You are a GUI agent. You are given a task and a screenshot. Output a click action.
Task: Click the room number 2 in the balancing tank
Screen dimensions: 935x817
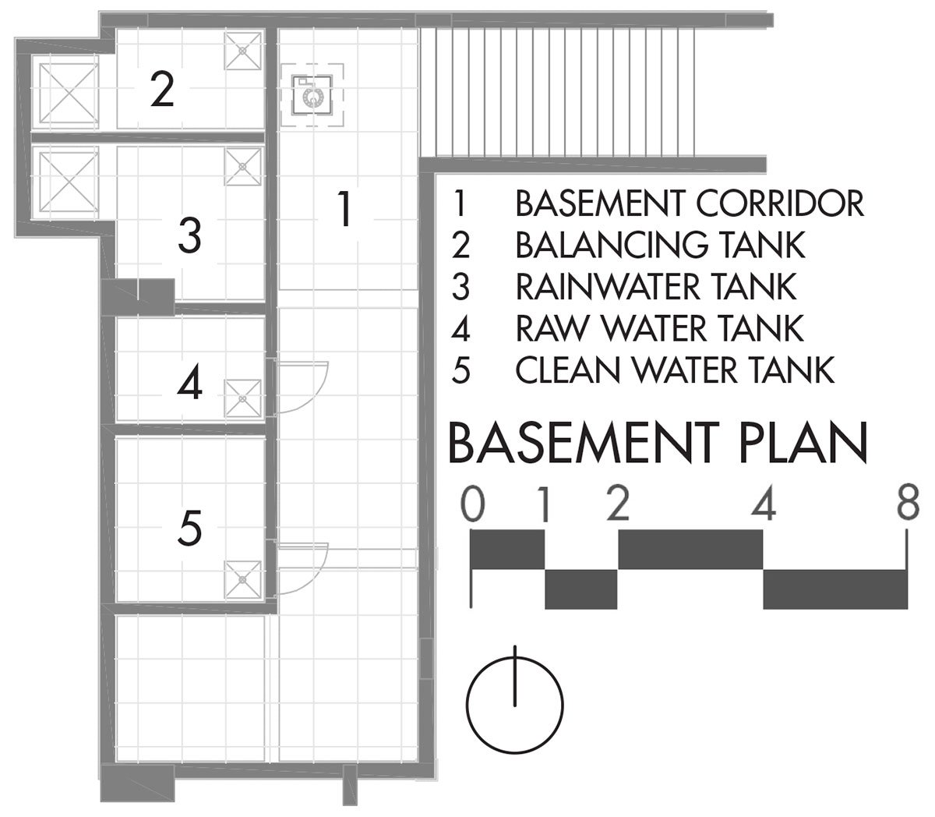(162, 90)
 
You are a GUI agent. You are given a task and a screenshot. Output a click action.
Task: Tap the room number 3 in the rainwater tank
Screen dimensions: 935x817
(189, 236)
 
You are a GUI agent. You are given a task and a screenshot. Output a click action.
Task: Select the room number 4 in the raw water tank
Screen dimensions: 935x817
(189, 382)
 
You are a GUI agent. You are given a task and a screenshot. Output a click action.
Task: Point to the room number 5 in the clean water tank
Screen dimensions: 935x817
(189, 529)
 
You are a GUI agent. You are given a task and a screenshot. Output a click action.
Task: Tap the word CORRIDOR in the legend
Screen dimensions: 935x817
(779, 203)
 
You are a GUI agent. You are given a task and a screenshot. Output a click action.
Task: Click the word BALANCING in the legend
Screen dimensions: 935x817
(612, 245)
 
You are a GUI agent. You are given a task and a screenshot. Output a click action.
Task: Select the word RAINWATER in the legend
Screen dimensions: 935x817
(608, 287)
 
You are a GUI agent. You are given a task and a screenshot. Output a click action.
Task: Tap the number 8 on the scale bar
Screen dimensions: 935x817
(908, 503)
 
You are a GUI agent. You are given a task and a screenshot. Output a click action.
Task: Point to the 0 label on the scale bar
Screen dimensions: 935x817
(472, 504)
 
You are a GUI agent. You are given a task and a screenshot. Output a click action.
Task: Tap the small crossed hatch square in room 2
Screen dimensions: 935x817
(242, 51)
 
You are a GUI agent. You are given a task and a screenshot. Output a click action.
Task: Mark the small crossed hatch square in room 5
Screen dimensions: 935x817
(242, 579)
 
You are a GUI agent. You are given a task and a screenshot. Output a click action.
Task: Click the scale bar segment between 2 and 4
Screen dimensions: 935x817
(690, 549)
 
